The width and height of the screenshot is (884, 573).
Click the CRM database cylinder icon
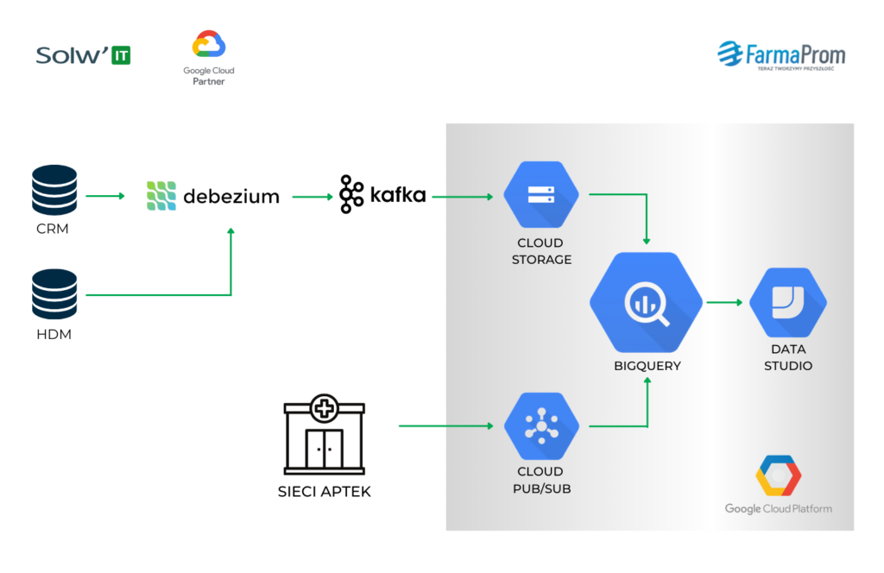(54, 190)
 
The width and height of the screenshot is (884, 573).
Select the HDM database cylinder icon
(54, 294)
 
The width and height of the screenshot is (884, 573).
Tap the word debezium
(231, 197)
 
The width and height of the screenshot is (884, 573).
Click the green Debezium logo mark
(161, 196)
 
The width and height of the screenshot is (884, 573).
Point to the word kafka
(398, 195)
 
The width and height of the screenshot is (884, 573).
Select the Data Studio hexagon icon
(787, 302)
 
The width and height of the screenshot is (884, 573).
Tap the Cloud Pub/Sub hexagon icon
(541, 425)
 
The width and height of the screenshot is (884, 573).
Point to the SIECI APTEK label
(325, 492)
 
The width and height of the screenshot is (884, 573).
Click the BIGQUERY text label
(647, 366)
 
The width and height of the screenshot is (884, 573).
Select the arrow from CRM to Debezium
(105, 196)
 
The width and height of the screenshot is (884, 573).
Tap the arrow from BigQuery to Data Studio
(724, 302)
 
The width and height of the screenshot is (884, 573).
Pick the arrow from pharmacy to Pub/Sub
(450, 425)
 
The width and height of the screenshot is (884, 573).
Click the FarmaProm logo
(781, 56)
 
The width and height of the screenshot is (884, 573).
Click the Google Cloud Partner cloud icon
(209, 44)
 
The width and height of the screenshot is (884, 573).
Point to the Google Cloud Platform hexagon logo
(778, 477)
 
